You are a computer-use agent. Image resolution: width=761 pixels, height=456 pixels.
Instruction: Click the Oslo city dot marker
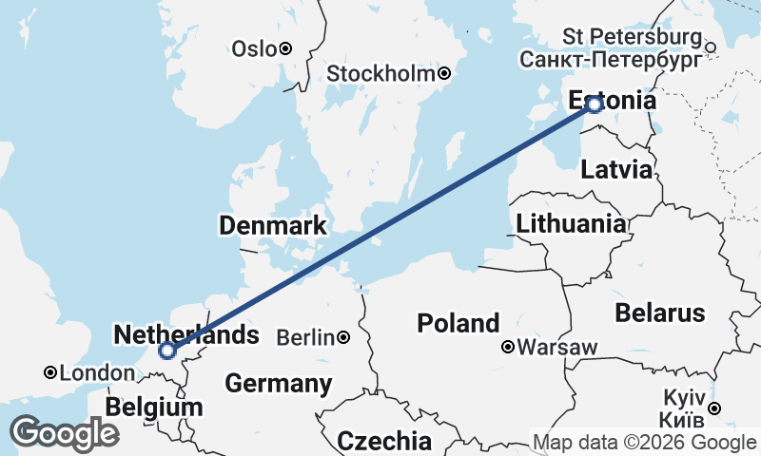pos(284,48)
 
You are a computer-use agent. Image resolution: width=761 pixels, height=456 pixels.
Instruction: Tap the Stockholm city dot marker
pos(443,73)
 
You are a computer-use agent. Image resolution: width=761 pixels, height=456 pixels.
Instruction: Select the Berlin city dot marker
pos(342,337)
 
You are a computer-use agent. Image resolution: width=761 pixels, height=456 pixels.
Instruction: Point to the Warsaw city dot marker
pos(509,347)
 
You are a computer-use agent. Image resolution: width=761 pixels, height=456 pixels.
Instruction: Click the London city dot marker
pos(49,373)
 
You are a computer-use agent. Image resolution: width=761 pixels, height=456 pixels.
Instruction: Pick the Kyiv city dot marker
pos(714,408)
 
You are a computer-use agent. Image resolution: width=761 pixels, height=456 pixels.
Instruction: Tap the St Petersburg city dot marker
pos(710,45)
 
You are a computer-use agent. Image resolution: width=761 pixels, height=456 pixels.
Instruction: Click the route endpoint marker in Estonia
pos(595,104)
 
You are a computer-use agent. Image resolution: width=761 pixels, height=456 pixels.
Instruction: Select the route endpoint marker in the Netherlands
pos(167,351)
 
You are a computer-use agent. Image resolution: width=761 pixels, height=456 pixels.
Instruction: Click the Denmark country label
pos(273,226)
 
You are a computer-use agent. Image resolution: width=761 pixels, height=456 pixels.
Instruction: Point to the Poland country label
pos(459,323)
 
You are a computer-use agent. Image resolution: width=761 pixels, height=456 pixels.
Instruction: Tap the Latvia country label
pos(616,170)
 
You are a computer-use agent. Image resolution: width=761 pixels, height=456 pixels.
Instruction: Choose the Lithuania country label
pos(571,224)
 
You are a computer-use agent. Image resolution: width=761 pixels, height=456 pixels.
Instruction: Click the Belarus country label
pos(660,313)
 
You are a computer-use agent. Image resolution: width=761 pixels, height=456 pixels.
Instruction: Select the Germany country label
pos(278,384)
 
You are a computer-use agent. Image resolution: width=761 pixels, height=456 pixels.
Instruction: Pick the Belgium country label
pos(154,408)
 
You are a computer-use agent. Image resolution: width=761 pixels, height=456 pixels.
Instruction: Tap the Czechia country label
pos(384,441)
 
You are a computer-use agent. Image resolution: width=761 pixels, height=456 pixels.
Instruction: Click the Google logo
pos(64,433)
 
